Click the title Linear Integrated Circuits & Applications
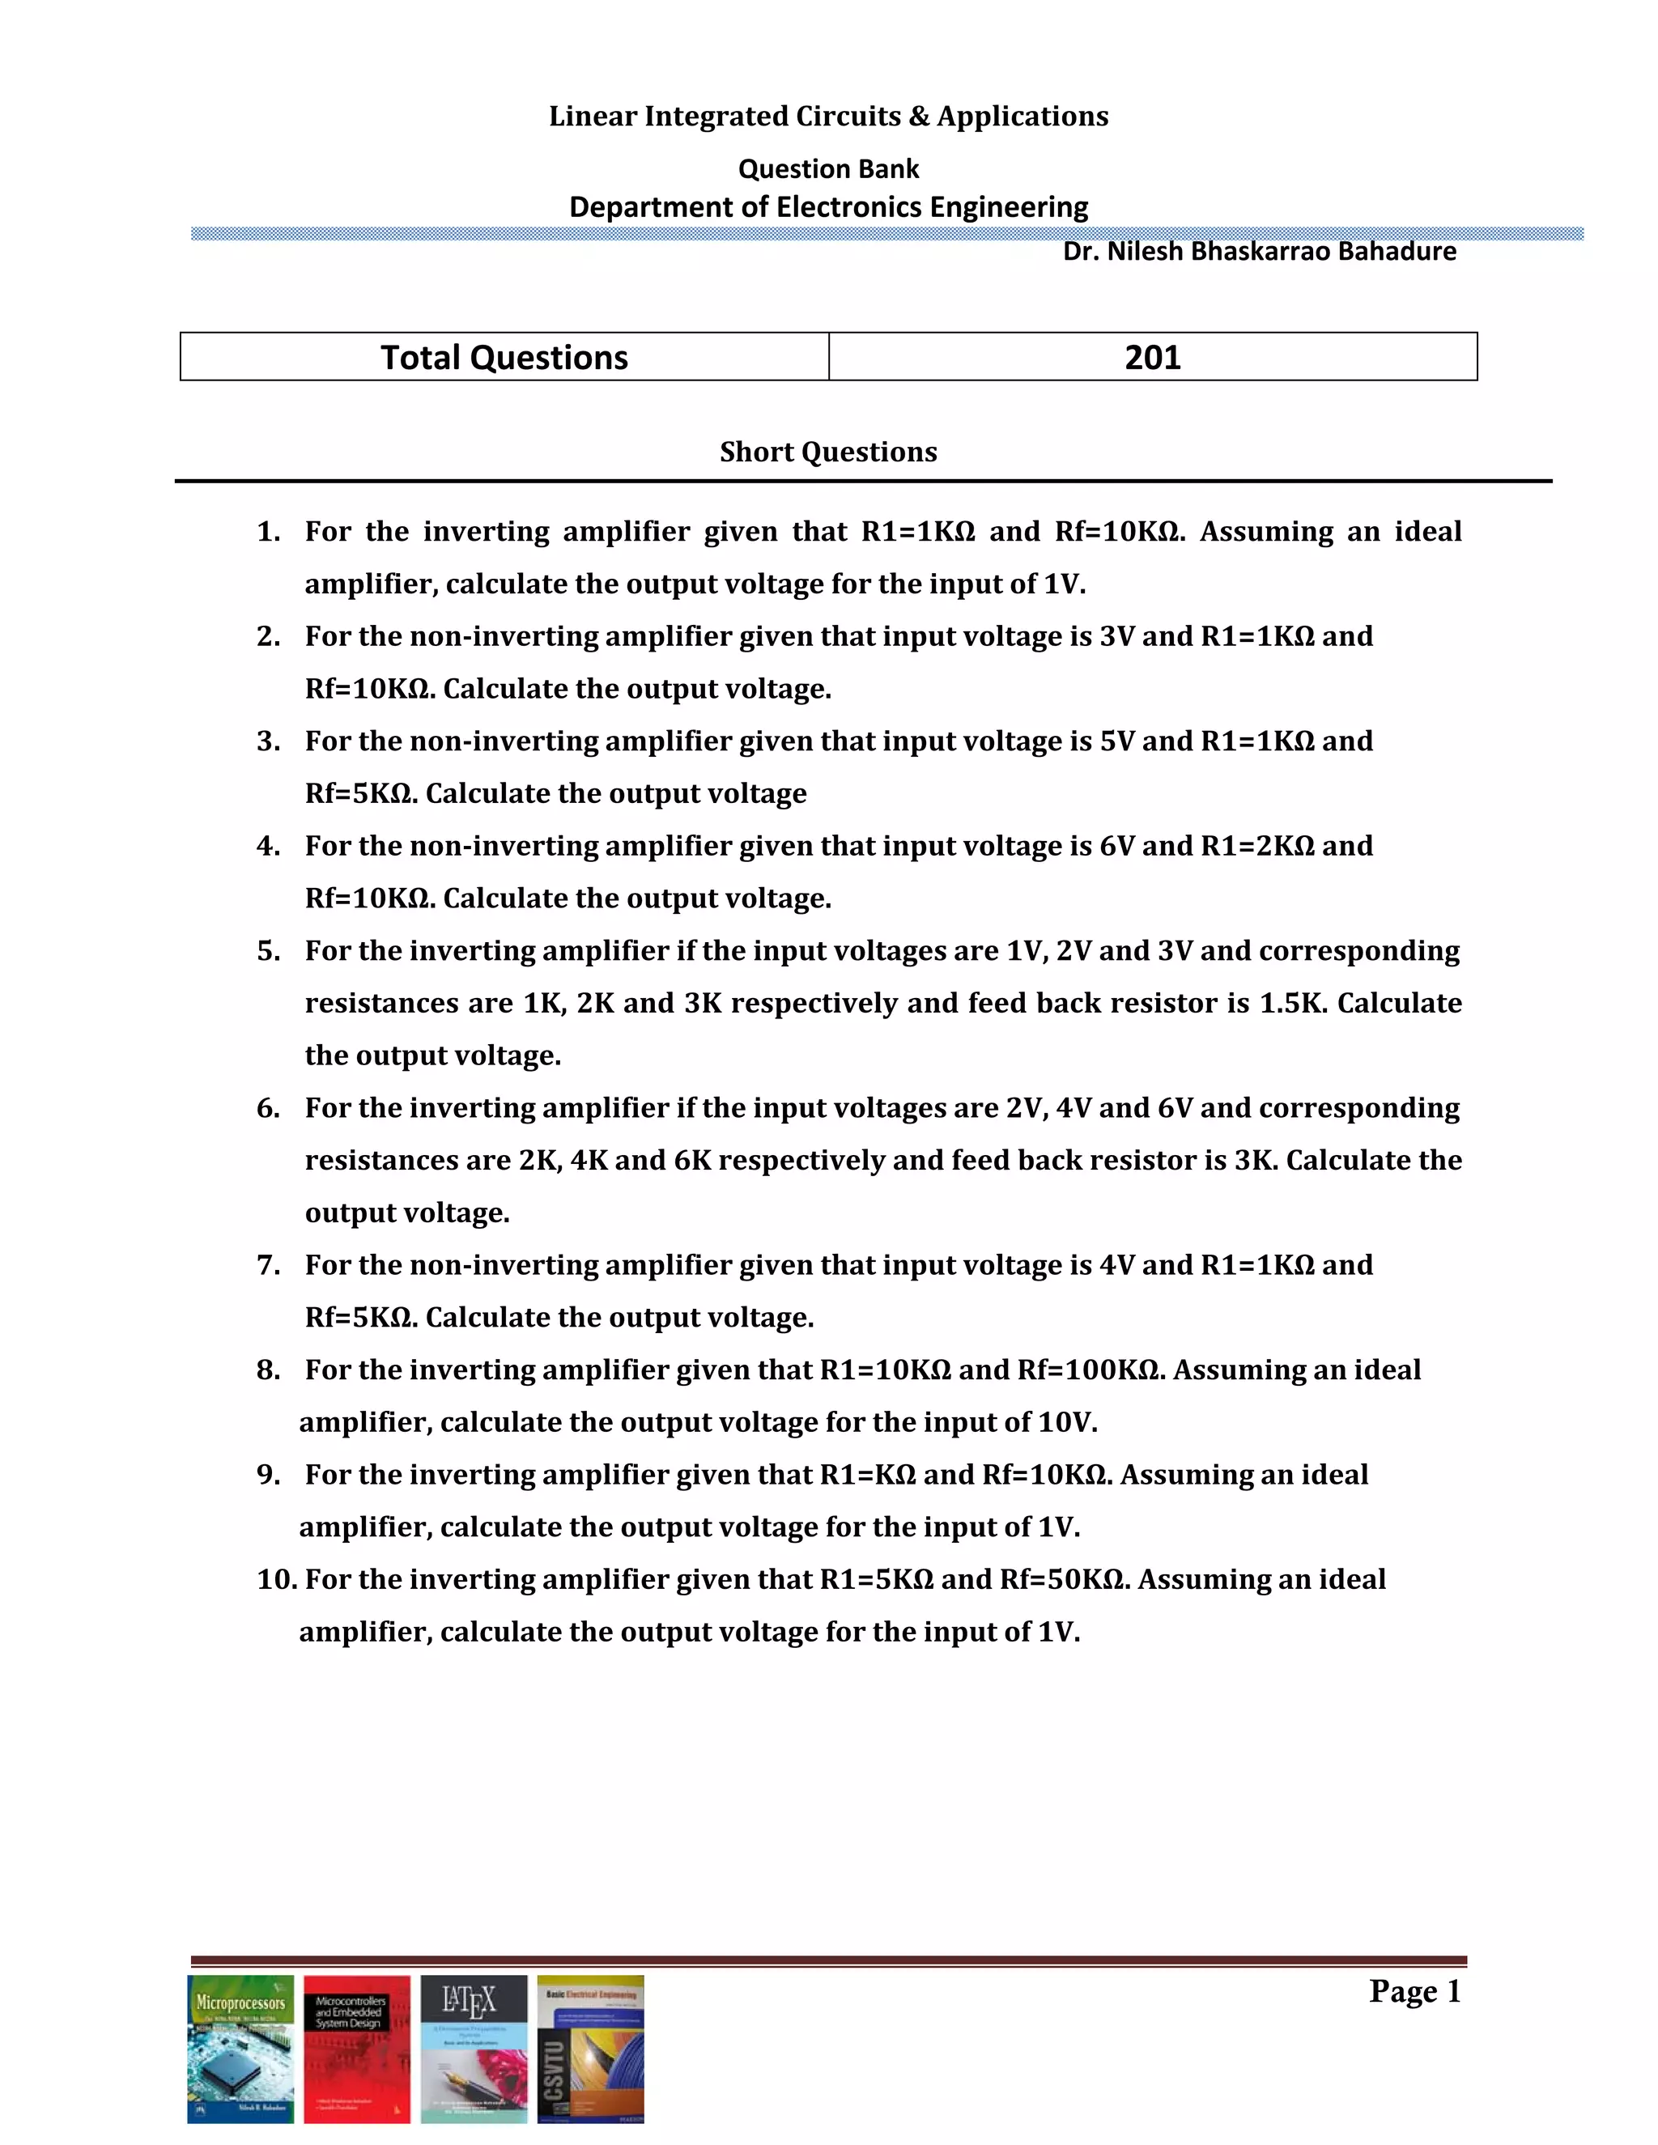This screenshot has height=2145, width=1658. click(828, 116)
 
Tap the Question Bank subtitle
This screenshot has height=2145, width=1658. click(828, 169)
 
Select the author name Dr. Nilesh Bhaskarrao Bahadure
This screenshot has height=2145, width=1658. click(1258, 252)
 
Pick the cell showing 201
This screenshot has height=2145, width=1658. click(1152, 356)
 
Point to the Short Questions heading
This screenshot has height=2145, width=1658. click(828, 452)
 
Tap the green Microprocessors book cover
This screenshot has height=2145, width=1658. click(240, 2049)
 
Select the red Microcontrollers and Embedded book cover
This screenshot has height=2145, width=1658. click(356, 2049)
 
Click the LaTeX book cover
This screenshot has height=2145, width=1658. click(474, 2049)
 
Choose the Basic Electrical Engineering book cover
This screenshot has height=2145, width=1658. click(590, 2049)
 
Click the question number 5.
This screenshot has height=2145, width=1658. click(268, 951)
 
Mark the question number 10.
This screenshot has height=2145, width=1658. click(276, 1579)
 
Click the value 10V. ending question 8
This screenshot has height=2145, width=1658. click(1068, 1422)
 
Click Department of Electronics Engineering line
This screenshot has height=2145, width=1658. click(828, 207)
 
